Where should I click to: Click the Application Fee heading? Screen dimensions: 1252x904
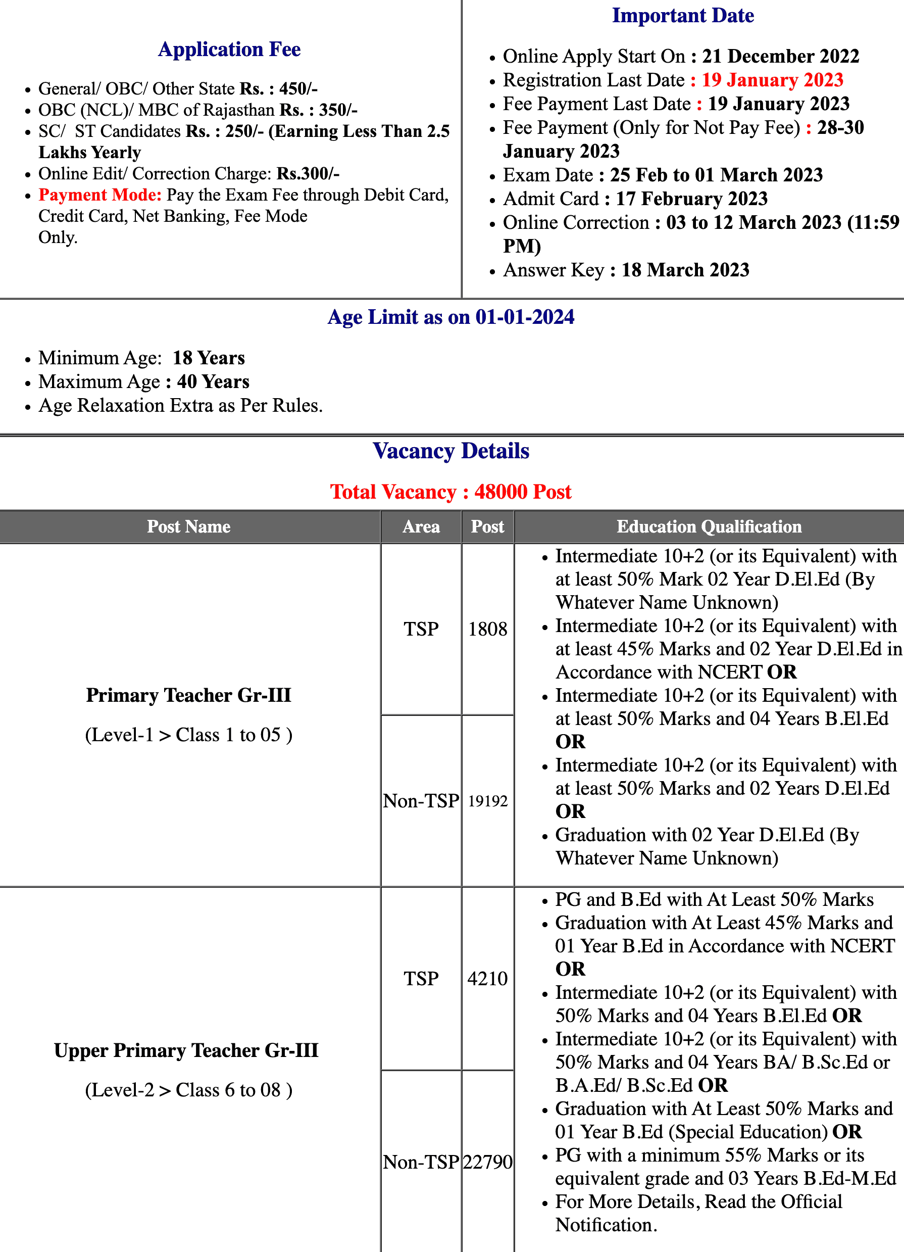click(229, 49)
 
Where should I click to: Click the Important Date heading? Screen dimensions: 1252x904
click(683, 16)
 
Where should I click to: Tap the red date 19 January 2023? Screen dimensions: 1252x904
click(772, 80)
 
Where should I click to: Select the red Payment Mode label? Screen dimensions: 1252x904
click(100, 195)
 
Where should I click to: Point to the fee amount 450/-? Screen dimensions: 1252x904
click(298, 88)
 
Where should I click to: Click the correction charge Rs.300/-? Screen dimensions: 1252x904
click(308, 174)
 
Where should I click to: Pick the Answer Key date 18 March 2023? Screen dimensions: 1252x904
click(685, 270)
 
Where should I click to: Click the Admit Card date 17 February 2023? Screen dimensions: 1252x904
click(691, 199)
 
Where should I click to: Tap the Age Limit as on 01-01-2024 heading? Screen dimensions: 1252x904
click(451, 317)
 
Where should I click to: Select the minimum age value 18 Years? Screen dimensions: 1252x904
click(209, 358)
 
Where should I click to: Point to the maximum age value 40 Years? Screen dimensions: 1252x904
click(213, 381)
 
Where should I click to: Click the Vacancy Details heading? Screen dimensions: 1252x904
click(451, 451)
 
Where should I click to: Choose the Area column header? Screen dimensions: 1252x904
click(421, 526)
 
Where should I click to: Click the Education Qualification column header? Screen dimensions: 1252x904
click(709, 526)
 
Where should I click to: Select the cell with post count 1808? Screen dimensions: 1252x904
click(487, 629)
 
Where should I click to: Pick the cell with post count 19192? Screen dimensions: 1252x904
click(487, 800)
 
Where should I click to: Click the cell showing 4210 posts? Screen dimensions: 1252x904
click(487, 978)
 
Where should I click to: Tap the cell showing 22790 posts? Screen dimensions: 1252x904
click(487, 1162)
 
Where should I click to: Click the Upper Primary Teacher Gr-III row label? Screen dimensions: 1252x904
click(186, 1050)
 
